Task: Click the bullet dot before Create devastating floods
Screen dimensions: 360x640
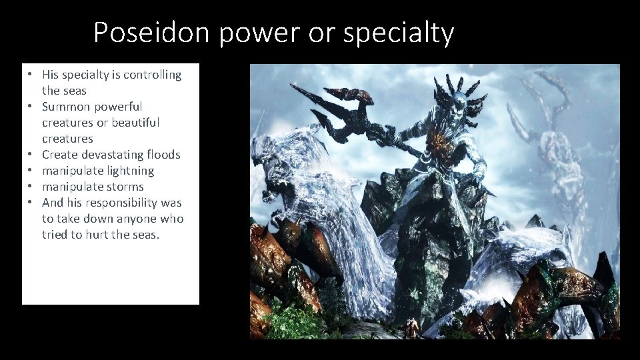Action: (31, 155)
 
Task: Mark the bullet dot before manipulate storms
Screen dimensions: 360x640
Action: (31, 187)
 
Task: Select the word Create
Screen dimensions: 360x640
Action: (59, 155)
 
